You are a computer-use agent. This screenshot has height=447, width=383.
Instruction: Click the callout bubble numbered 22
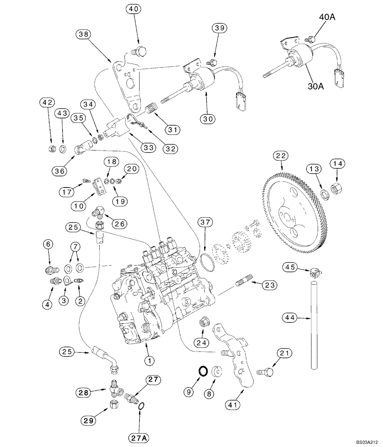coord(280,156)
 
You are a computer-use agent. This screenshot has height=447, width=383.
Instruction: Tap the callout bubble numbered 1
coord(150,359)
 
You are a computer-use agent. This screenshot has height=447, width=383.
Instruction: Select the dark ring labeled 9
coord(203,370)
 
